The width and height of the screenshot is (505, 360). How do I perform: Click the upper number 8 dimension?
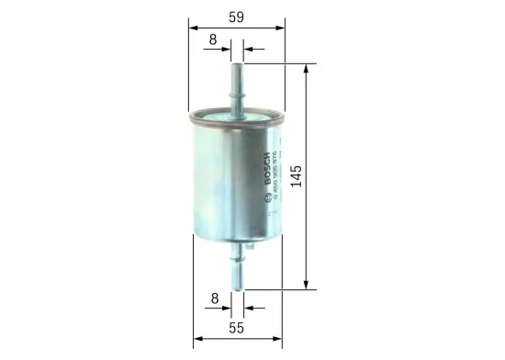click(x=213, y=39)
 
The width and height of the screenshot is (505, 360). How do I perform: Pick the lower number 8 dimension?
click(x=213, y=298)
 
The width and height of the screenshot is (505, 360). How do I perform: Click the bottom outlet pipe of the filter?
click(x=236, y=266)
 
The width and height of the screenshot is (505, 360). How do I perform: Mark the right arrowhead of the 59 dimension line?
click(x=278, y=27)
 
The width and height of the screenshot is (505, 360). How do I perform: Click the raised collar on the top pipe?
click(x=236, y=92)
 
